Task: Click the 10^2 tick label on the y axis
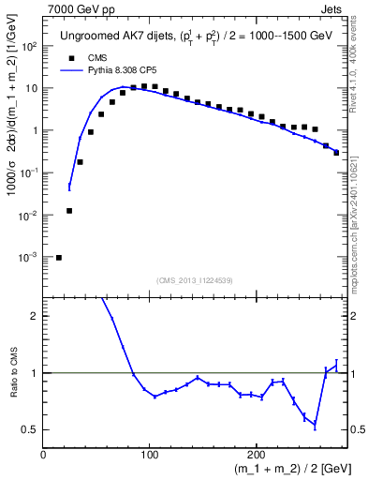pyautogui.click(x=29, y=46)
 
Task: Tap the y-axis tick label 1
pyautogui.click(x=35, y=130)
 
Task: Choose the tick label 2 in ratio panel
pyautogui.click(x=35, y=316)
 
